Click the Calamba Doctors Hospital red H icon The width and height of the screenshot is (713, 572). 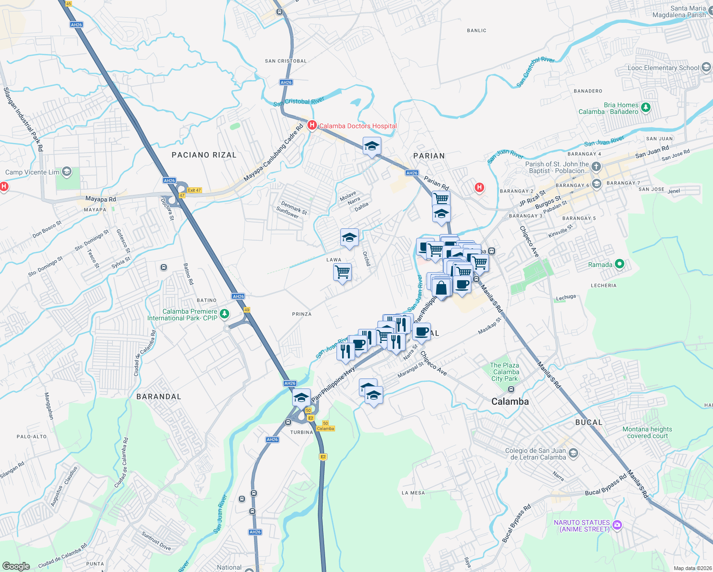[312, 125]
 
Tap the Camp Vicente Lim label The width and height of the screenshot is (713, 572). [32, 172]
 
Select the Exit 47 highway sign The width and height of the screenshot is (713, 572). [194, 190]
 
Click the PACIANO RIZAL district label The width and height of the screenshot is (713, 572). [204, 155]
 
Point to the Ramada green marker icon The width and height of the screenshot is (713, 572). [619, 264]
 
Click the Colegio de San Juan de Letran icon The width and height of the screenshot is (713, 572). [573, 453]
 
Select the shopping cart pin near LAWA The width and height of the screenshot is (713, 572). [343, 273]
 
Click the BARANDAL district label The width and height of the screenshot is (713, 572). [159, 397]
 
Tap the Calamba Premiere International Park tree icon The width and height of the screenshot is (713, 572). [224, 314]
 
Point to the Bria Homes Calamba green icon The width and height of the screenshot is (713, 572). [646, 107]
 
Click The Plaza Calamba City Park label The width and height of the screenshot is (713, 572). [505, 372]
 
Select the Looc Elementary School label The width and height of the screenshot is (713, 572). [663, 68]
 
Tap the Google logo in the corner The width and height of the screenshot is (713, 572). [16, 566]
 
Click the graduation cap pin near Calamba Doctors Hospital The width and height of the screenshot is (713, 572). [372, 146]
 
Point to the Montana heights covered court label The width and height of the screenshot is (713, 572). [647, 432]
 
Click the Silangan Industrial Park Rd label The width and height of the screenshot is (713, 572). [23, 119]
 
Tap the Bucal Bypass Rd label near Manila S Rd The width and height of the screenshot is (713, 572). [606, 485]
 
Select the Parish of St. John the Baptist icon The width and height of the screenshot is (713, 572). [596, 166]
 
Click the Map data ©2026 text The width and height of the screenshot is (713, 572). [693, 568]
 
